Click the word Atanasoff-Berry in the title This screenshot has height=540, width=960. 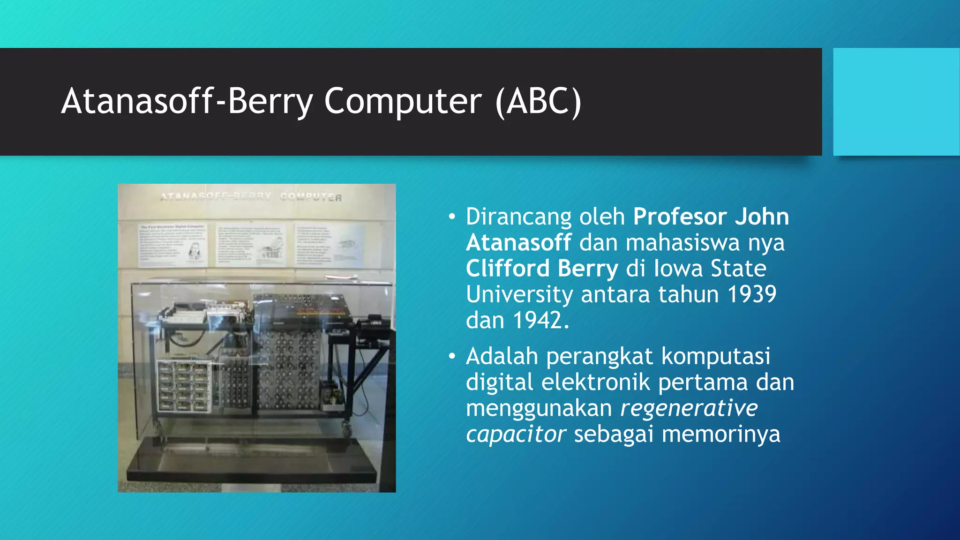187,101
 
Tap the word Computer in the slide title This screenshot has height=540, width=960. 402,101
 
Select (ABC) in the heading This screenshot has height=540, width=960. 538,101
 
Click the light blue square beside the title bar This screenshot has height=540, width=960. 896,101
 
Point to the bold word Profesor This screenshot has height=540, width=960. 680,217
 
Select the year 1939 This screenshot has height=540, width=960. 751,294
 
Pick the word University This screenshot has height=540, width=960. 519,294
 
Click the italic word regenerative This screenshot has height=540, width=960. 689,408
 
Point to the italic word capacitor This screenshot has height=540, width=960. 516,434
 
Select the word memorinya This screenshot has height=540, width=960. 720,434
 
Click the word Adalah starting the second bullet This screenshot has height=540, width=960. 502,356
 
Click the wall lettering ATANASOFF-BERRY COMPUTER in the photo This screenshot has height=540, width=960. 251,196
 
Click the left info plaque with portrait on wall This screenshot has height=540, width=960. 172,244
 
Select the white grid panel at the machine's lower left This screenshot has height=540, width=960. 183,386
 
